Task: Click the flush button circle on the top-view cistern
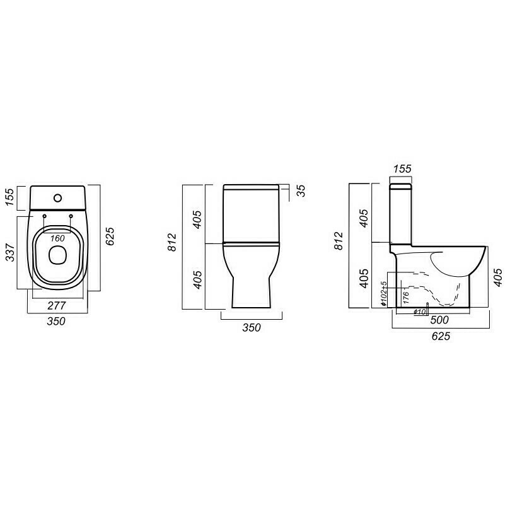click(58, 197)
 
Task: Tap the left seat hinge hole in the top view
click(44, 216)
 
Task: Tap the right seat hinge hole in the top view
click(71, 216)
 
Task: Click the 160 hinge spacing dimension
click(57, 238)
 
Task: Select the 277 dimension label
click(57, 306)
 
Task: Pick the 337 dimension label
click(11, 252)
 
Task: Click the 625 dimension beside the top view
click(110, 236)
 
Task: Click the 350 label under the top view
click(56, 321)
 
